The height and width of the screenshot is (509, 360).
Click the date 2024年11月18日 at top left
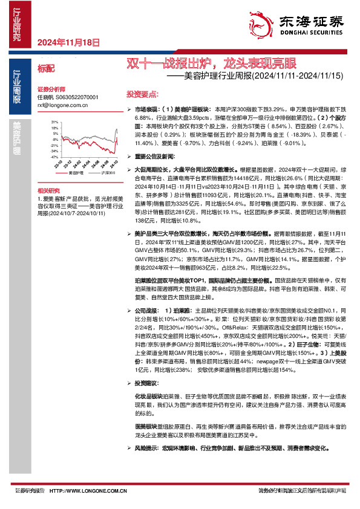(x=68, y=42)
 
